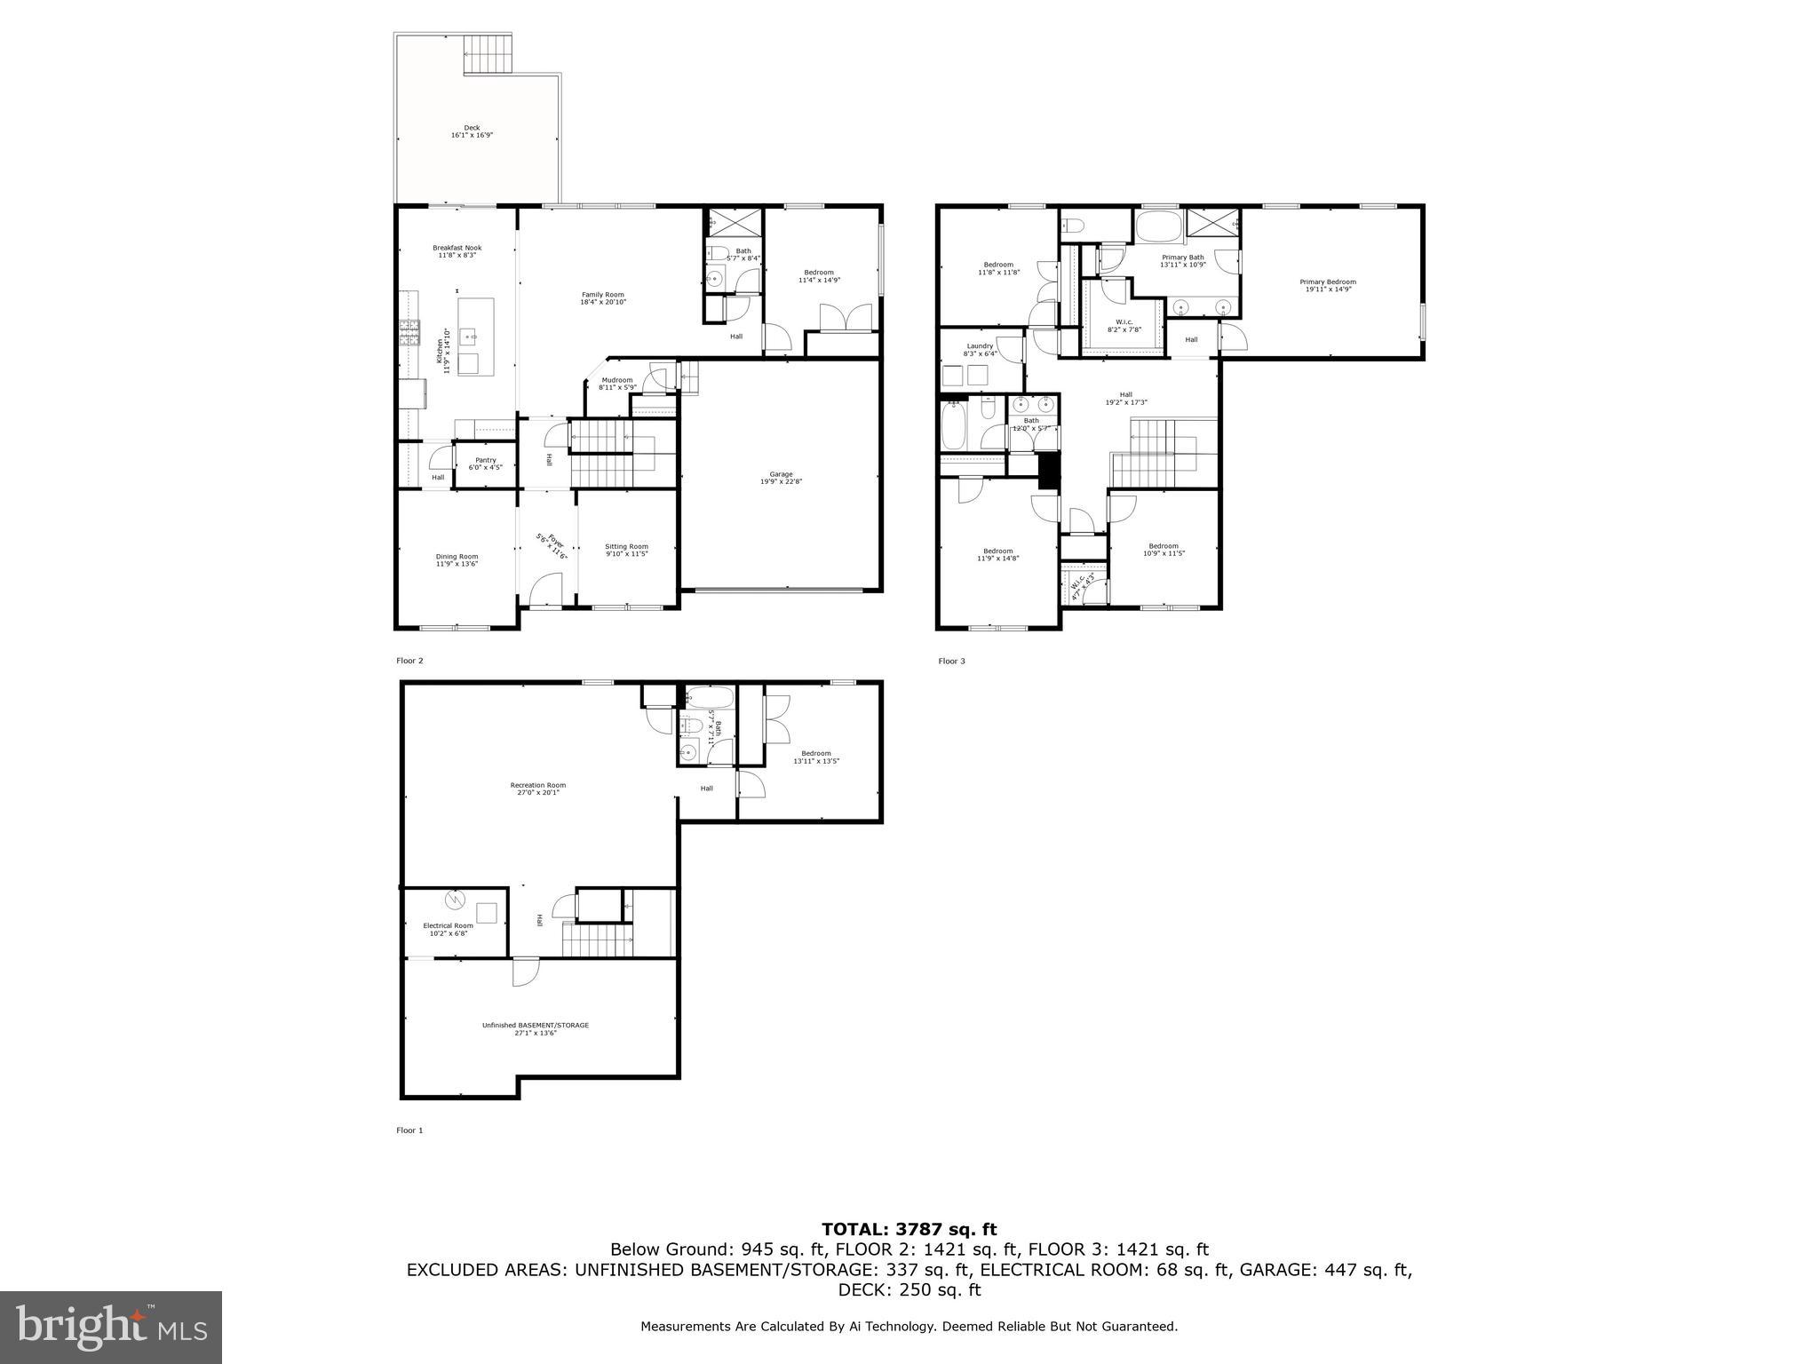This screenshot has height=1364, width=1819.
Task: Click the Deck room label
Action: pyautogui.click(x=472, y=131)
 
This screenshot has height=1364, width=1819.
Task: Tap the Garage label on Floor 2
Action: pyautogui.click(x=781, y=478)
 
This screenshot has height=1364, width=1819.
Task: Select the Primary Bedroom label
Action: pyautogui.click(x=1330, y=285)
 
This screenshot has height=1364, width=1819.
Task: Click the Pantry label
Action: pyautogui.click(x=485, y=464)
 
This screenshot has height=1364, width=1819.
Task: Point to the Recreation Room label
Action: pyautogui.click(x=537, y=789)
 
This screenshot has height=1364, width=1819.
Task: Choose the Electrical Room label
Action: pyautogui.click(x=448, y=929)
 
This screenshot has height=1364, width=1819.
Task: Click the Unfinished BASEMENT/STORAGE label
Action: pyautogui.click(x=535, y=1028)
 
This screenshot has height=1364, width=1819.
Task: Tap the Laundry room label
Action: pyautogui.click(x=980, y=350)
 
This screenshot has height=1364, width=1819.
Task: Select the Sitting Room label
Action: pyautogui.click(x=626, y=550)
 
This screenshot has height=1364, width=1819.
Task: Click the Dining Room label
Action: pyautogui.click(x=457, y=559)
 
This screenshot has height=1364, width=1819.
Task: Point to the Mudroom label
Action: pyautogui.click(x=616, y=384)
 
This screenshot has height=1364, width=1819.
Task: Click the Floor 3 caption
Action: pyautogui.click(x=951, y=661)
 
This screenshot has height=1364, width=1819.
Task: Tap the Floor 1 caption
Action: pyautogui.click(x=409, y=1130)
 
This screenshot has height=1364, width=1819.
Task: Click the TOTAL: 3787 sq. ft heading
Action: pyautogui.click(x=909, y=1229)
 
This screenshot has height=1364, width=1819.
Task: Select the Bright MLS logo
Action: pyautogui.click(x=111, y=1327)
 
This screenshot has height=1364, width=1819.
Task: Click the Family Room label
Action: pyautogui.click(x=603, y=298)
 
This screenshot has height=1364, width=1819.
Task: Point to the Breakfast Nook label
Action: pyautogui.click(x=457, y=251)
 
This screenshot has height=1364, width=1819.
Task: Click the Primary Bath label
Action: pyautogui.click(x=1182, y=260)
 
